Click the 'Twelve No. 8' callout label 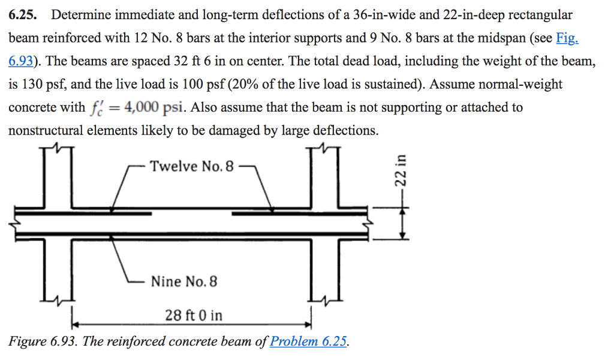tap(191, 166)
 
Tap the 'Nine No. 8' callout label tap(184, 281)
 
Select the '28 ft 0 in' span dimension tap(193, 315)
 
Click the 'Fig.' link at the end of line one tap(567, 38)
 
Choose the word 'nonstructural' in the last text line tap(46, 130)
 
